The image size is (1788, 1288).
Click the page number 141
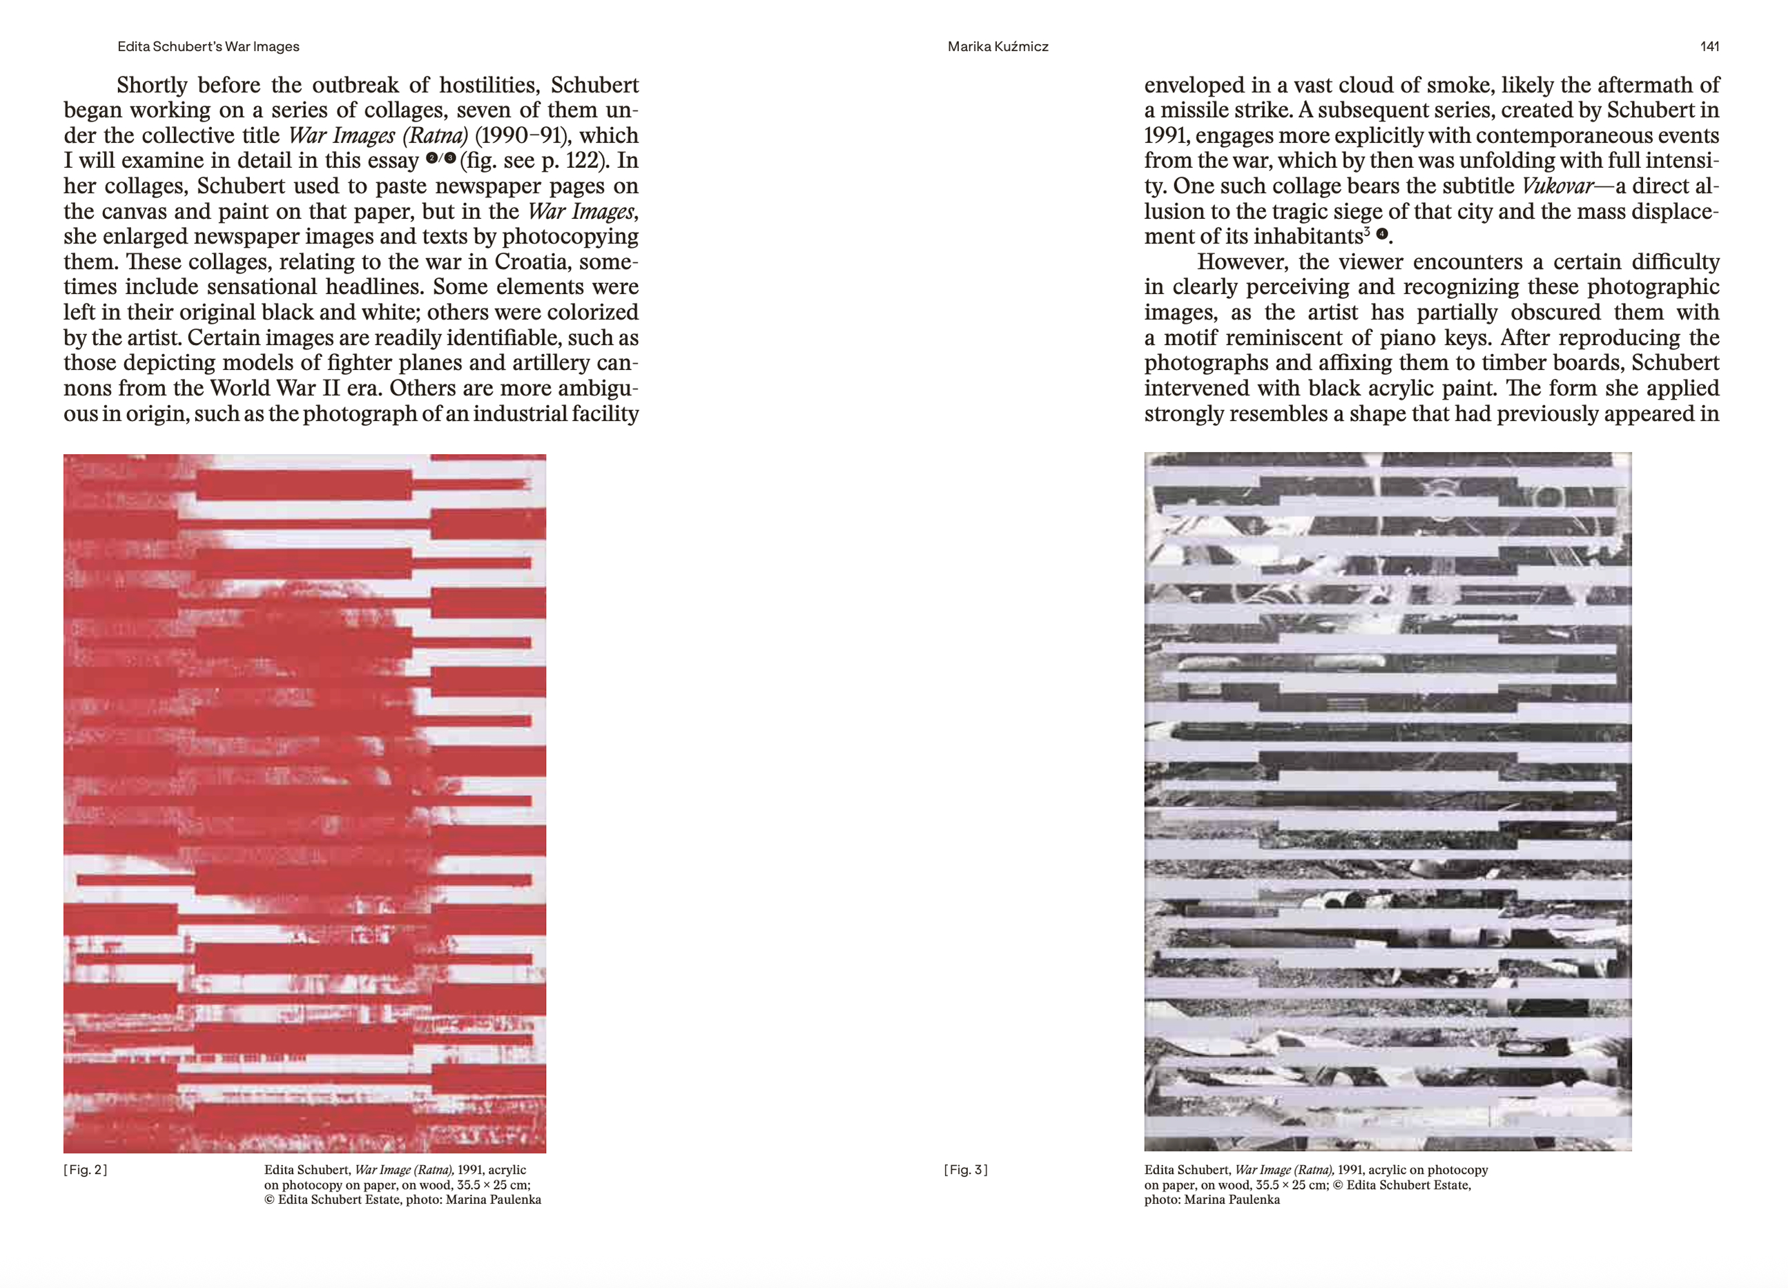[x=1709, y=46]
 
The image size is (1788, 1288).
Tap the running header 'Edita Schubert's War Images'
[x=208, y=46]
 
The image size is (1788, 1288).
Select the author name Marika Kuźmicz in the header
[x=998, y=46]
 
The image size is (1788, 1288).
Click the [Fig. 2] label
[x=85, y=1170]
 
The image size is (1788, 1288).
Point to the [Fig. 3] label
[x=965, y=1170]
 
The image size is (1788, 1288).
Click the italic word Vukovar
[x=1557, y=186]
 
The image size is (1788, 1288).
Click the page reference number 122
[x=582, y=161]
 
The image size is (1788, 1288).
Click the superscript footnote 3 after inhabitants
[x=1367, y=232]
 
